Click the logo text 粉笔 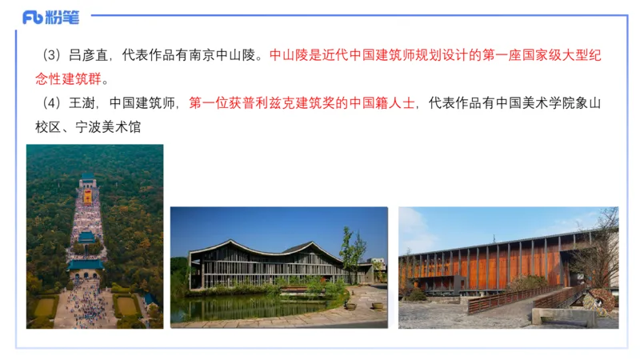point(63,16)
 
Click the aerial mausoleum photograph point(94,236)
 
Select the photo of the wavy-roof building point(278,267)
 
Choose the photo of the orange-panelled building point(508,267)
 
